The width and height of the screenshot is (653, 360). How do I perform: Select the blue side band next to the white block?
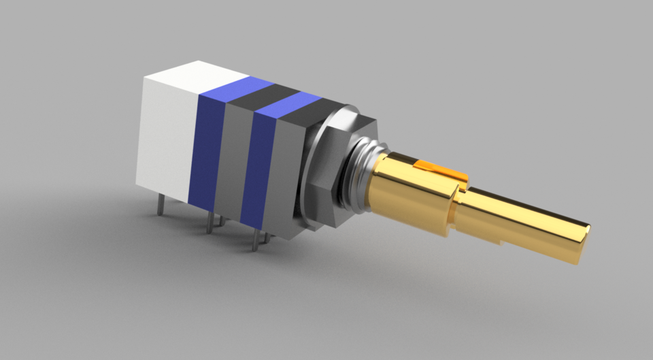pos(207,150)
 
